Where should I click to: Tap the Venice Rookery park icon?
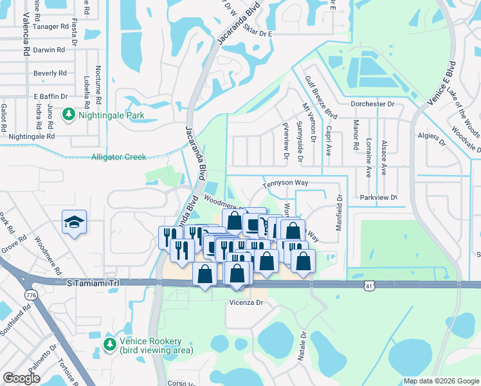pyautogui.click(x=109, y=345)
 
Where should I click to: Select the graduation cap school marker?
pyautogui.click(x=74, y=223)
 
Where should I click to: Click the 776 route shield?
pyautogui.click(x=30, y=295)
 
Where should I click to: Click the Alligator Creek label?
pyautogui.click(x=119, y=157)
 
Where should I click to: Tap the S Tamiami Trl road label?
pyautogui.click(x=93, y=282)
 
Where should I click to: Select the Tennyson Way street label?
pyautogui.click(x=285, y=183)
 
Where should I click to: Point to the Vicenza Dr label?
pyautogui.click(x=247, y=302)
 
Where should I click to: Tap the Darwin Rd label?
pyautogui.click(x=50, y=50)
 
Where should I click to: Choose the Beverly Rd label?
pyautogui.click(x=50, y=73)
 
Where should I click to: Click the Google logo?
pyautogui.click(x=21, y=378)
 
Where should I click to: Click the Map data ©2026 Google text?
pyautogui.click(x=440, y=381)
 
